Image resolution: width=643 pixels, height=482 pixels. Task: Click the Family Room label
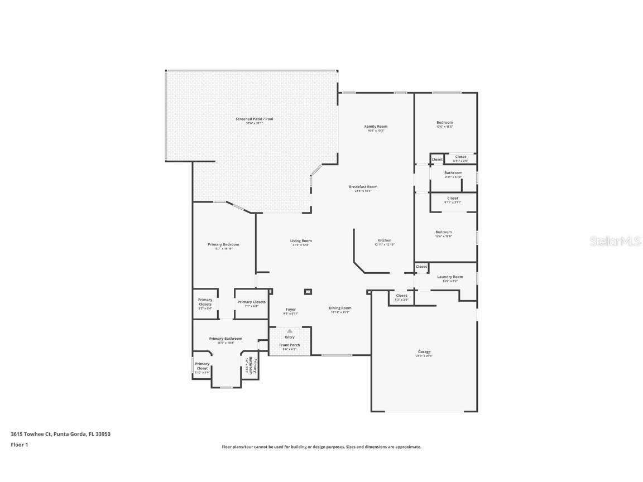pos(376,127)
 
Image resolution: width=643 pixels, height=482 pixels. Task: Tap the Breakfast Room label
pos(363,187)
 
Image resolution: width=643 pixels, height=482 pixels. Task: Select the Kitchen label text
pos(384,240)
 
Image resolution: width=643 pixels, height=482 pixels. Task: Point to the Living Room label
pos(300,241)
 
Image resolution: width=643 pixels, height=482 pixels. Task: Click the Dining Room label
pos(340,308)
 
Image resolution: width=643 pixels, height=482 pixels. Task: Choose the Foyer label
pos(291,309)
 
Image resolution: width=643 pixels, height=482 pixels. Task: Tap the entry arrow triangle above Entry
pos(290,331)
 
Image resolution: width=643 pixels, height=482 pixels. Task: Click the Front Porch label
pos(290,345)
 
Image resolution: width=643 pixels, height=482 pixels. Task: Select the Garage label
pos(424,351)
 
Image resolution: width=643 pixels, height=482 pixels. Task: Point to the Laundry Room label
pos(450,277)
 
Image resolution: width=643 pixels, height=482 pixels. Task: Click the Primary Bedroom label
pos(223,244)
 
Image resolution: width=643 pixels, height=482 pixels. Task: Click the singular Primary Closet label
pos(202,366)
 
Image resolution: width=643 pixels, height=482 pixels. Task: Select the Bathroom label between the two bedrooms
pos(453,173)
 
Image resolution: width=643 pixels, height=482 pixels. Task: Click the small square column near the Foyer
pos(308,291)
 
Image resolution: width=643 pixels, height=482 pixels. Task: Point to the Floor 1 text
pos(19,445)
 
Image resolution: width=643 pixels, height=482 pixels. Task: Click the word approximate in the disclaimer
pos(408,447)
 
